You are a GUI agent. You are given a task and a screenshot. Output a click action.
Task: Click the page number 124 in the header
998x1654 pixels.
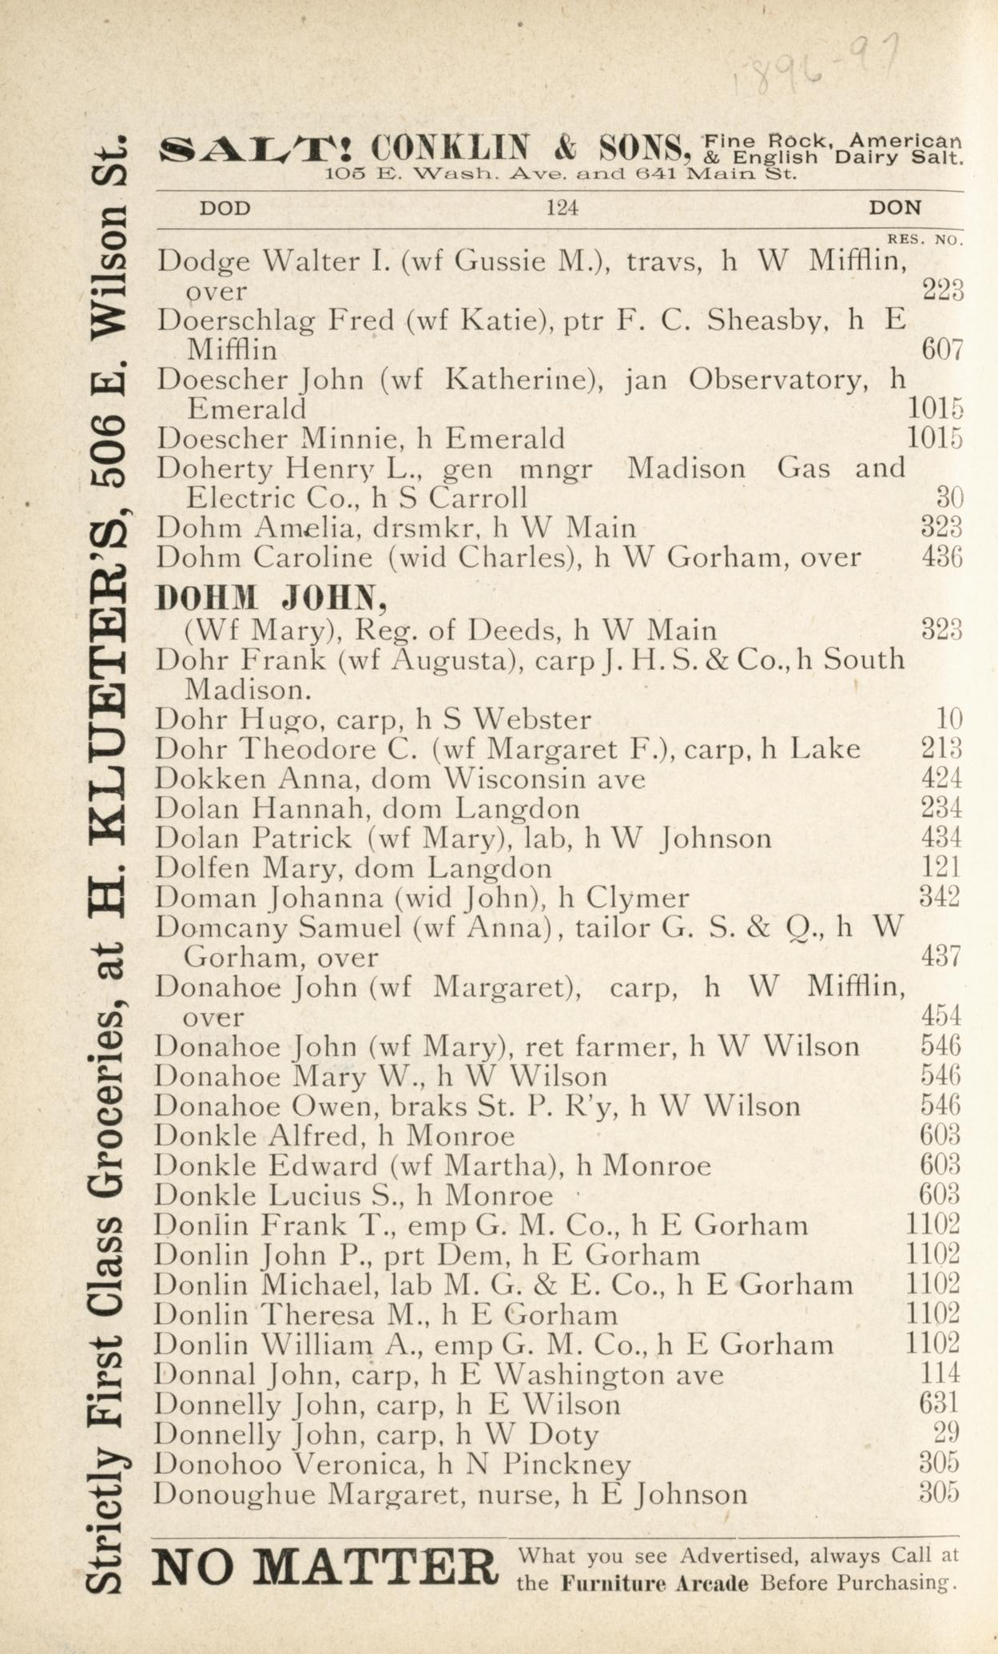tap(562, 209)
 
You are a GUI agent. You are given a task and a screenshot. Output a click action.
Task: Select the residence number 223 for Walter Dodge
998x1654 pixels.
tap(943, 290)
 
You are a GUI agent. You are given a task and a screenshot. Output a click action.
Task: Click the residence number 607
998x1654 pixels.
tap(942, 349)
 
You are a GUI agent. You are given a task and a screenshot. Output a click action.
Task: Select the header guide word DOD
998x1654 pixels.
tap(225, 209)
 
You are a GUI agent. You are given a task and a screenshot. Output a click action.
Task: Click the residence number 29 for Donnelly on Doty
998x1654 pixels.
tap(948, 1435)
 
